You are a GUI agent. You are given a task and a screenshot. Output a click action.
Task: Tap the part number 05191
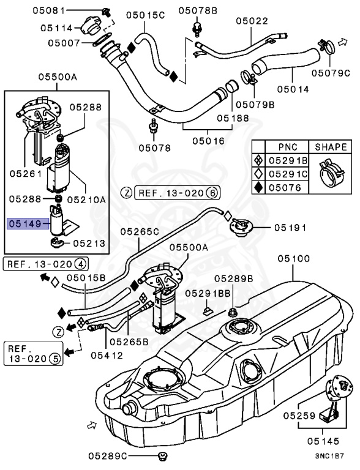point(290,227)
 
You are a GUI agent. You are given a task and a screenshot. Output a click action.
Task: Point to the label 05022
point(252,20)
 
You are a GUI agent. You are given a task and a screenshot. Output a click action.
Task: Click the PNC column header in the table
point(287,147)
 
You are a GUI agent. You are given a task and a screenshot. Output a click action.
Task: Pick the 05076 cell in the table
point(287,187)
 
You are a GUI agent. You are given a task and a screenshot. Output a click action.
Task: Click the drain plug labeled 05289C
point(162,455)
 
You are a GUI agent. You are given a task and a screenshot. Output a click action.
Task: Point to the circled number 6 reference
point(212,192)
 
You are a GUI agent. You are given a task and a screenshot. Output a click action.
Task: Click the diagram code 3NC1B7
point(329,457)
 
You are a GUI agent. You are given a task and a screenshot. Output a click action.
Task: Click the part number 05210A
point(86,199)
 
